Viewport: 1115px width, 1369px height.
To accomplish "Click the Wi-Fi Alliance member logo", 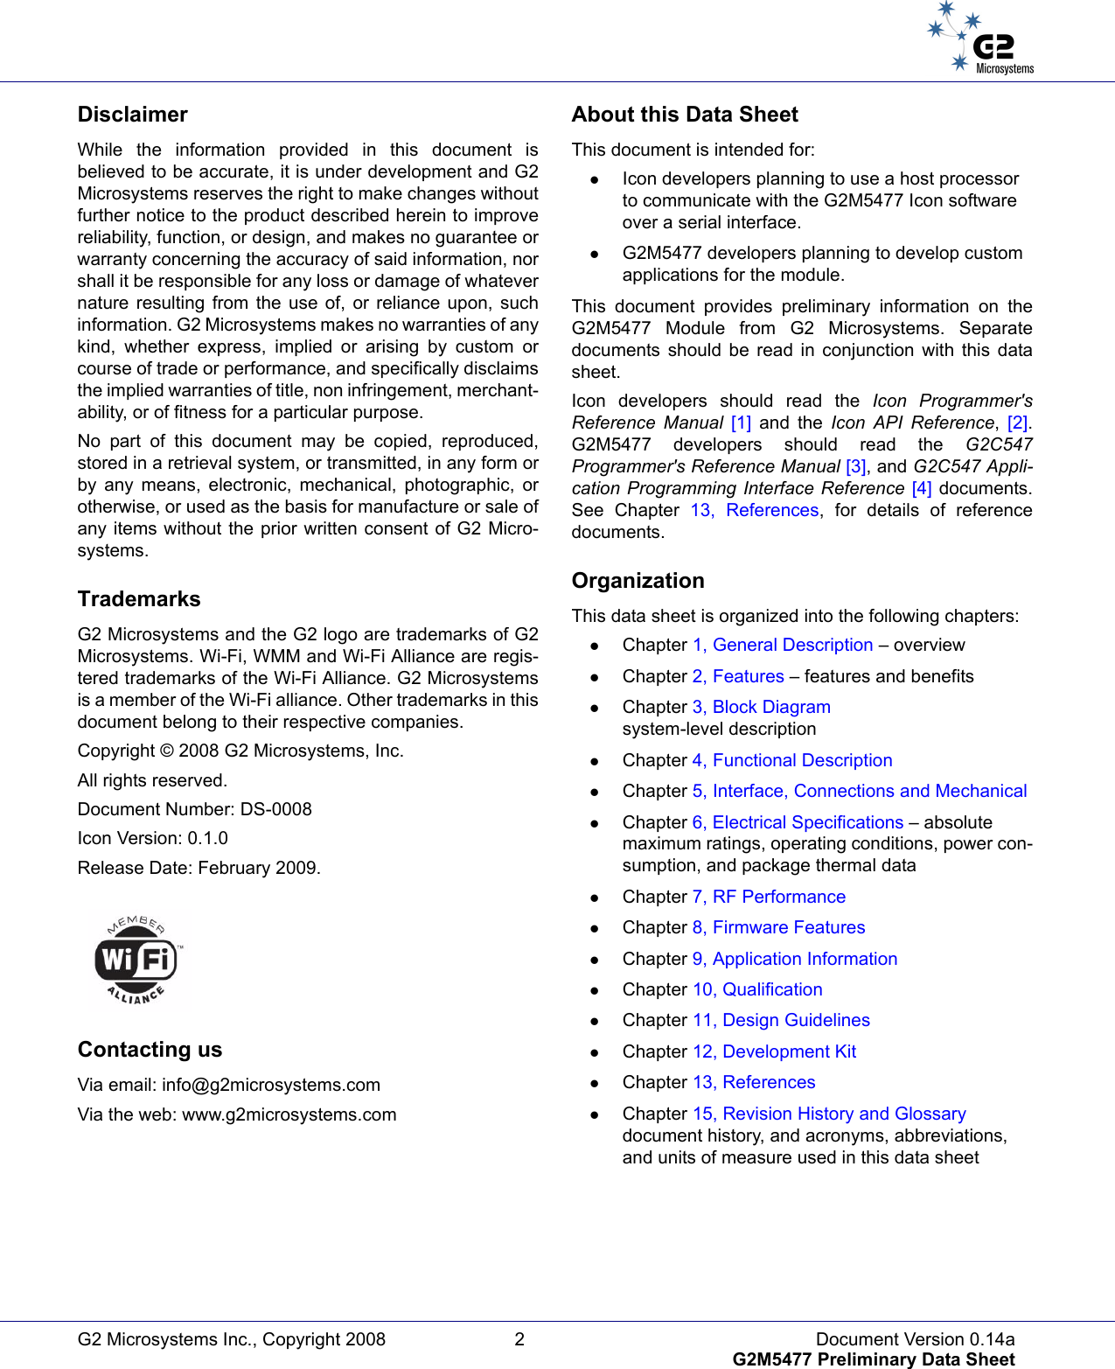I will point(138,960).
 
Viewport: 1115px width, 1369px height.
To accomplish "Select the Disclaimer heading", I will point(133,115).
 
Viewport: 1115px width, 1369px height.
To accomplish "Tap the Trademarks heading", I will point(139,599).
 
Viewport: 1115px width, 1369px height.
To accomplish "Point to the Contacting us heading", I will point(150,1050).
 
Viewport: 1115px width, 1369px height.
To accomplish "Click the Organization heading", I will point(638,581).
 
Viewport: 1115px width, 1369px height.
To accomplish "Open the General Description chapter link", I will point(783,646).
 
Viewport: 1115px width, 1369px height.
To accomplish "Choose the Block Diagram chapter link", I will point(762,708).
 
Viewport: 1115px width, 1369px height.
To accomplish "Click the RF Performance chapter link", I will point(769,898).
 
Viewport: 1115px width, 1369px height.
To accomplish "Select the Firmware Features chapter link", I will point(778,928).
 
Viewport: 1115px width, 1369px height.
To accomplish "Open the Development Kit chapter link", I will point(774,1052).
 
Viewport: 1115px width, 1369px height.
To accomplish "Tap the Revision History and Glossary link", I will point(829,1114).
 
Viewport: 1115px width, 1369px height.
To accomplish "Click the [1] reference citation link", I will point(741,423).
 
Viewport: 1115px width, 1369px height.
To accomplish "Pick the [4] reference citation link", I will point(921,489).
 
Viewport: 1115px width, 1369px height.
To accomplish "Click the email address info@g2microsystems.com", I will point(271,1086).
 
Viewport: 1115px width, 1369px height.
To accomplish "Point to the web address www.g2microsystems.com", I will point(289,1115).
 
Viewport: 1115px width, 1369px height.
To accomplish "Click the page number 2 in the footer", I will point(519,1339).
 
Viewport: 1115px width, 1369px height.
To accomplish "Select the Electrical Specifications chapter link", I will point(798,823).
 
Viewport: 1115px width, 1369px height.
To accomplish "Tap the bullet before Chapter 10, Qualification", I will point(594,991).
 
